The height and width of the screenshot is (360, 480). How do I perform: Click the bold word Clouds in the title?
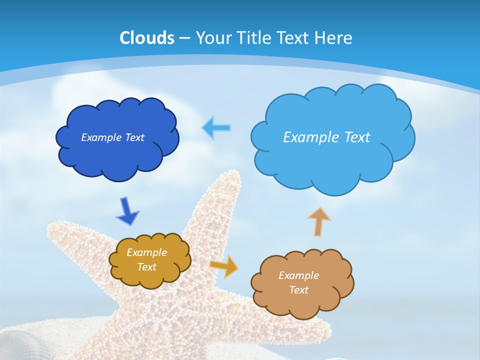click(x=147, y=38)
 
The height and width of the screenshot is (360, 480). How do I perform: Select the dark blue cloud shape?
click(x=117, y=155)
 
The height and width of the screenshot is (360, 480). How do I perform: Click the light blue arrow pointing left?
click(x=216, y=128)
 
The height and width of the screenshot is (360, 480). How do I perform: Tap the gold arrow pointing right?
click(x=224, y=265)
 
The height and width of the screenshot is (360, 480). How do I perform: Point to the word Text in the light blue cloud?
click(x=356, y=137)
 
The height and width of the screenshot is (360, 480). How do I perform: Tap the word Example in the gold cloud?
click(x=146, y=252)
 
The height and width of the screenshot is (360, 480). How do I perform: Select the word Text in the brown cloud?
click(x=298, y=290)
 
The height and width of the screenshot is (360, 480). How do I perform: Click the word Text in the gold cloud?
click(x=146, y=267)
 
